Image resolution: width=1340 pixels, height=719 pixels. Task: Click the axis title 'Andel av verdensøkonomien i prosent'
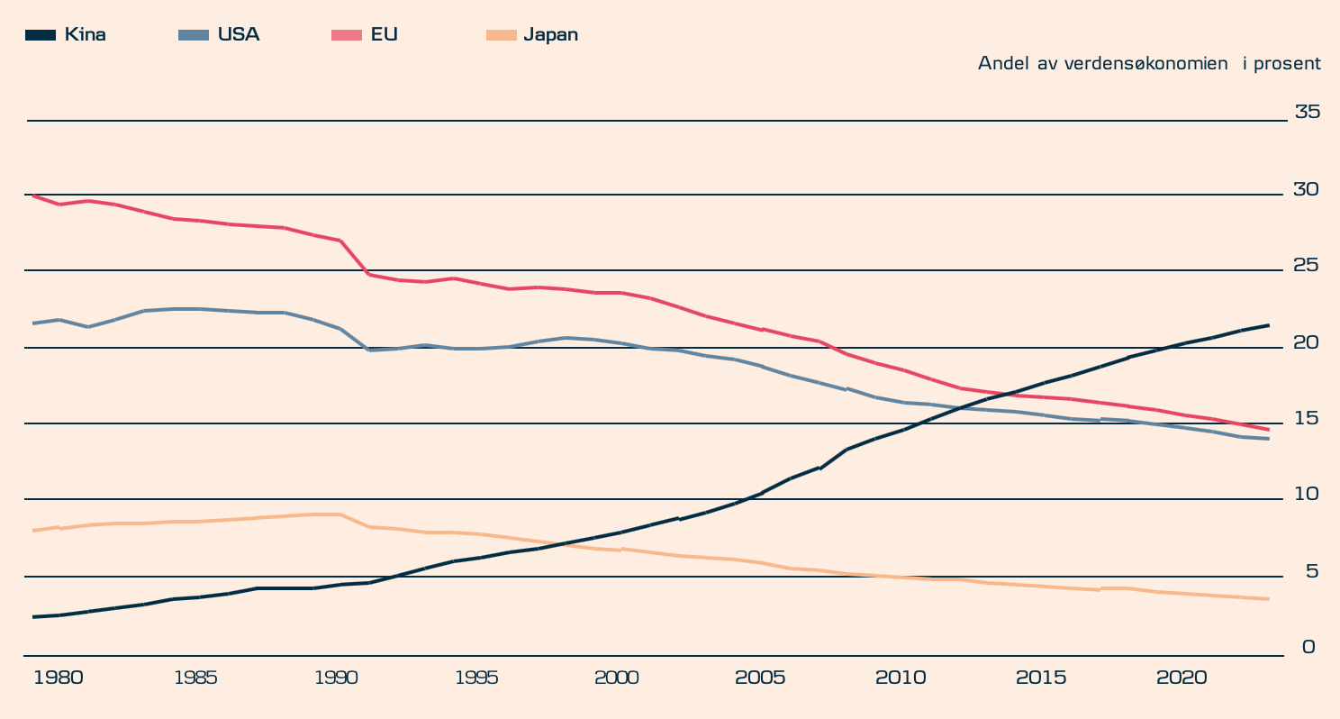pos(1149,63)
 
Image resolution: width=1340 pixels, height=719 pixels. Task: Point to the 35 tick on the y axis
pos(1307,112)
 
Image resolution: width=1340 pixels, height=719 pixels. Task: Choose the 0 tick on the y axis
pos(1308,647)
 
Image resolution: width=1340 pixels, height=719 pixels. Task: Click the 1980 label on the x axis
pos(58,677)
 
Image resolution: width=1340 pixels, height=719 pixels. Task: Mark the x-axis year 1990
pos(336,677)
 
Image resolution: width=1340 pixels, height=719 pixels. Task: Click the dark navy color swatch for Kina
pos(41,35)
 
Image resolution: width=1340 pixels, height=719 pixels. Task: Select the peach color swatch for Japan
pos(501,35)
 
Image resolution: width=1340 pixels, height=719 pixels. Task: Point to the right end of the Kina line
pos(1269,325)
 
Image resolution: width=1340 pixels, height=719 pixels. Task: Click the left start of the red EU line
pos(32,196)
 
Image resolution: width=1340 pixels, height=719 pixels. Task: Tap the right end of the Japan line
pos(1269,599)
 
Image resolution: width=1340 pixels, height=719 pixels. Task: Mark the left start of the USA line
pos(32,323)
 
